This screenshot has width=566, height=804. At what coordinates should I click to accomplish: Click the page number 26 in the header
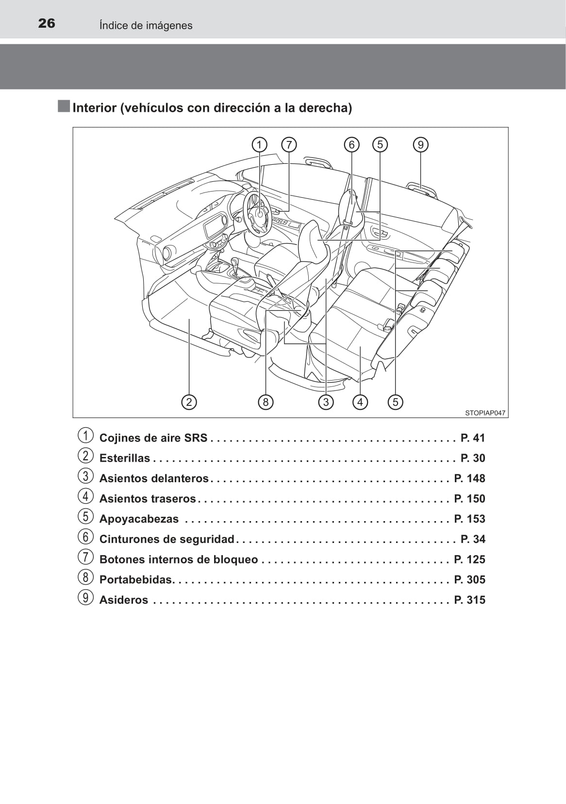(x=47, y=24)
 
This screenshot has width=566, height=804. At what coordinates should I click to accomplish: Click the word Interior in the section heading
(x=95, y=108)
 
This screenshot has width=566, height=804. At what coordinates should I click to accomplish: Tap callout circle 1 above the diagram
(x=259, y=145)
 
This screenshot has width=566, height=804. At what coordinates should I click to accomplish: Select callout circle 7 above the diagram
(x=289, y=145)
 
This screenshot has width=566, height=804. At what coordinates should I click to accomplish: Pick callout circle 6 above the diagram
(x=351, y=145)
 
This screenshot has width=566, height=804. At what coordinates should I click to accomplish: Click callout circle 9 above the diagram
(x=420, y=145)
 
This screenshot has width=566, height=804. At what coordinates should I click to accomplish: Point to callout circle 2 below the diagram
(x=189, y=402)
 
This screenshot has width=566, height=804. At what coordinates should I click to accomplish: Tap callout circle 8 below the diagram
(x=266, y=402)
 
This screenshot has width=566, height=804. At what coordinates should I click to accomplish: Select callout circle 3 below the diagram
(x=326, y=402)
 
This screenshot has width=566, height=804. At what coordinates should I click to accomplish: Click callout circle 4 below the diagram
(x=360, y=402)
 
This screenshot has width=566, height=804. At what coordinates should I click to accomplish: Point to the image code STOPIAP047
(x=485, y=413)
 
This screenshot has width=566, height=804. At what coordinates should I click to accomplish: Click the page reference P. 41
(x=473, y=438)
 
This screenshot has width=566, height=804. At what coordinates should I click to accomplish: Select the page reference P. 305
(x=469, y=580)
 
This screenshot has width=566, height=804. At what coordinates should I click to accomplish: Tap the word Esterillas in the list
(x=125, y=458)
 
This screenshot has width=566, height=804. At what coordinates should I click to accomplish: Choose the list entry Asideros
(x=124, y=600)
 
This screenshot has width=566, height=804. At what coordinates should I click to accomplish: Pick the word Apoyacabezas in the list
(x=139, y=519)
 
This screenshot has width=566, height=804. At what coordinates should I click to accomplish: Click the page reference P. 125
(x=469, y=559)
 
